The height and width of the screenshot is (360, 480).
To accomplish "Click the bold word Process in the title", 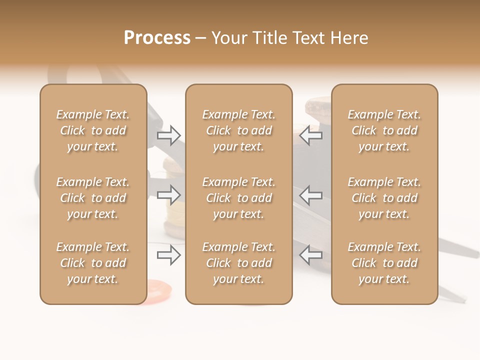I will (x=157, y=38).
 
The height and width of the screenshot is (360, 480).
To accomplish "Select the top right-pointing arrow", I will (x=169, y=135).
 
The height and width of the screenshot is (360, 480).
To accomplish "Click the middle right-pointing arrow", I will (x=169, y=195).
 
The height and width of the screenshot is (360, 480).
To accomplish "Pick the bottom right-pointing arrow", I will (x=169, y=255).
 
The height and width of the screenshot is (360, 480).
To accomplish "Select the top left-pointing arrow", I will (x=311, y=135).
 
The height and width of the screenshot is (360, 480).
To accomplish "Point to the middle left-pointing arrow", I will (x=311, y=195).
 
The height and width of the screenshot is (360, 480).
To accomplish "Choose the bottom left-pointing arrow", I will (x=311, y=255).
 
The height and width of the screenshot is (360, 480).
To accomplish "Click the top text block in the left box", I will (x=93, y=130).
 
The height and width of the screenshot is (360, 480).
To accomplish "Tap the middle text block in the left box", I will (x=93, y=198).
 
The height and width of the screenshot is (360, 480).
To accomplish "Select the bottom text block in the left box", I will (x=93, y=263).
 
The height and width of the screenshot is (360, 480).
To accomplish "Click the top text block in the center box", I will (x=239, y=130).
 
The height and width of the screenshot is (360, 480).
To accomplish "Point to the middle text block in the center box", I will (x=239, y=198).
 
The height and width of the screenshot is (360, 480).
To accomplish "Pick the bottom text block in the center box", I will (x=239, y=263).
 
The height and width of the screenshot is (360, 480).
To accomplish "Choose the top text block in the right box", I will (x=384, y=130).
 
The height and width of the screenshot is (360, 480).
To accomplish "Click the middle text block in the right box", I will (x=384, y=198).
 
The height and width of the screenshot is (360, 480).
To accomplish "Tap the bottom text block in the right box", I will (x=384, y=263).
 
